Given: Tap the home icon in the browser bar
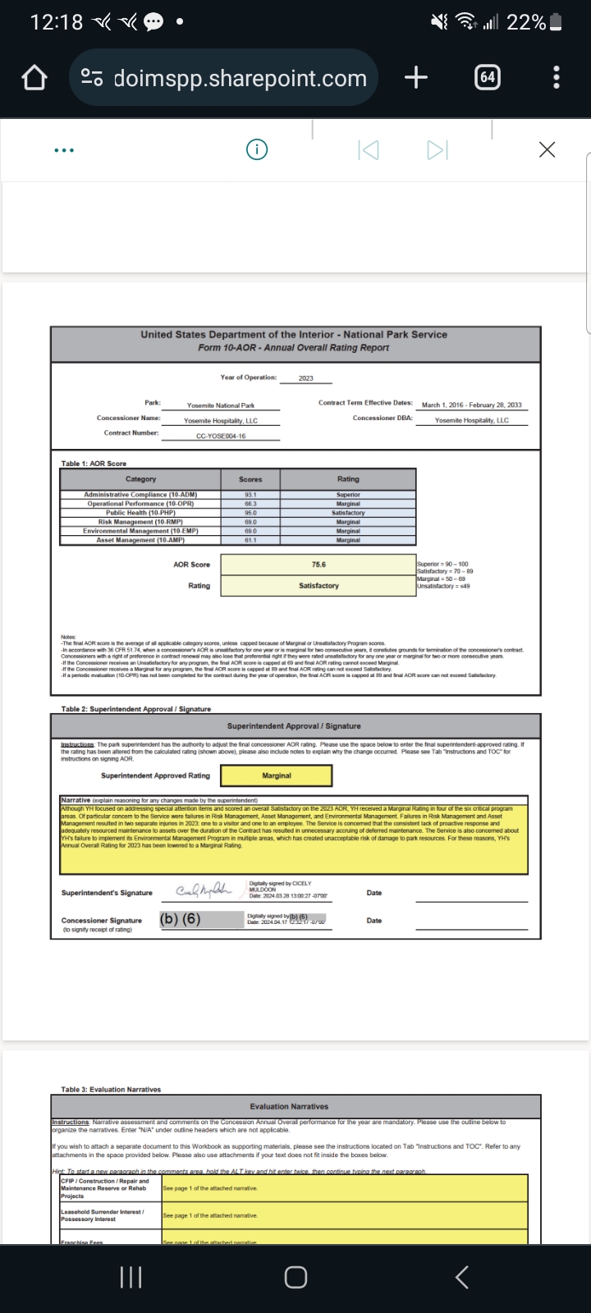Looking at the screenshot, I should (x=34, y=78).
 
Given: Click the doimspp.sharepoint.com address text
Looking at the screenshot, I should (x=240, y=78).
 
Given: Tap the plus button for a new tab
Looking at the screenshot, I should (x=416, y=77).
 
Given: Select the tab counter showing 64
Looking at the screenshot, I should (x=488, y=77).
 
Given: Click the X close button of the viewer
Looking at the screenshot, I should (x=547, y=149).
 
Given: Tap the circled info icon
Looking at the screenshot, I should (x=257, y=149).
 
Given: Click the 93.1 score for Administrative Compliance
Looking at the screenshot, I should (x=250, y=495).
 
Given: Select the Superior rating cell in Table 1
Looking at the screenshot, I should (x=348, y=495).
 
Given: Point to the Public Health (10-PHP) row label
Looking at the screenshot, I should (x=140, y=513).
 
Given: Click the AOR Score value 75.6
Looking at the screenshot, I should (x=318, y=565).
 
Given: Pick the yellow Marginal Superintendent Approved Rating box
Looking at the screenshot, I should (x=277, y=775).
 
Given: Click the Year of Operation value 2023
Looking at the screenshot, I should (x=305, y=378).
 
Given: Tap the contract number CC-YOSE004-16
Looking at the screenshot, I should (x=221, y=436).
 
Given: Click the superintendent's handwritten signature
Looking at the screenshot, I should (x=204, y=891).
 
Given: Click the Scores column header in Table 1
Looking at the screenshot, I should (x=250, y=479).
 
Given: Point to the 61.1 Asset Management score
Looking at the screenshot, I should (x=250, y=540).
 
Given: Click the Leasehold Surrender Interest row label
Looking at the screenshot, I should (x=103, y=1215).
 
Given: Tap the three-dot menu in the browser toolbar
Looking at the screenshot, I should (x=557, y=77).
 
